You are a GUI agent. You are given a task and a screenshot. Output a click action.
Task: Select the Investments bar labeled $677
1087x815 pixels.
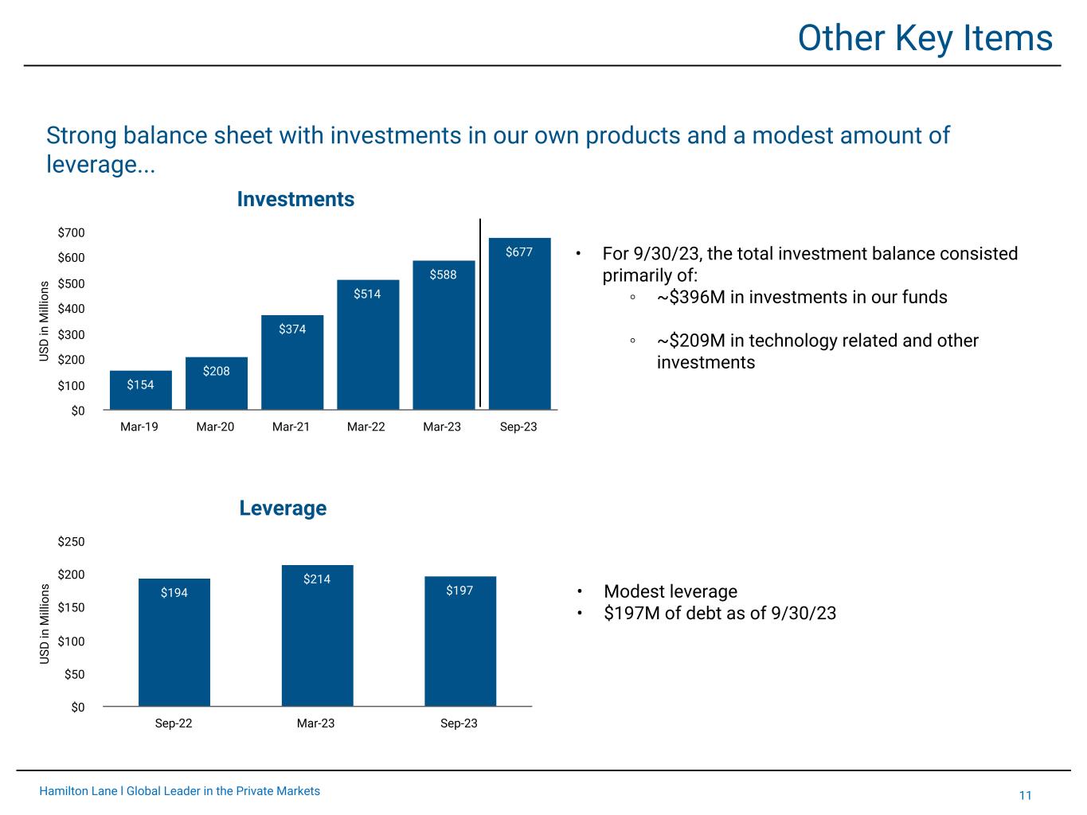point(519,326)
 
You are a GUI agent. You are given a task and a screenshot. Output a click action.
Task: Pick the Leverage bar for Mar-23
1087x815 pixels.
point(317,637)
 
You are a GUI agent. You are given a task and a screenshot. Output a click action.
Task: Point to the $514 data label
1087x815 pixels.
point(367,294)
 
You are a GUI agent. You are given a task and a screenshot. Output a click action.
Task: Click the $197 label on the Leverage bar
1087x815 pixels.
point(459,591)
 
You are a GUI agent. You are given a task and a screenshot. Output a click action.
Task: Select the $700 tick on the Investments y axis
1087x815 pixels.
point(71,232)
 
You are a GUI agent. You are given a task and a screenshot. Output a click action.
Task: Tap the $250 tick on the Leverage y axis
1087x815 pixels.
point(71,542)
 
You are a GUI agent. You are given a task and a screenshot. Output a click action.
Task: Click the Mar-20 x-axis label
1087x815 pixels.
point(215,427)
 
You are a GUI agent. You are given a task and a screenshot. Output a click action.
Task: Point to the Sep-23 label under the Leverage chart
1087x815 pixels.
point(459,723)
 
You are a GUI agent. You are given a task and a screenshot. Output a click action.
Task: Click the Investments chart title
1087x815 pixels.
point(295,199)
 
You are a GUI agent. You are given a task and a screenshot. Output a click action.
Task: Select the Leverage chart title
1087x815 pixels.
point(283,508)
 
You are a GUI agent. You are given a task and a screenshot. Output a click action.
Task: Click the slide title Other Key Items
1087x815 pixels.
point(925,37)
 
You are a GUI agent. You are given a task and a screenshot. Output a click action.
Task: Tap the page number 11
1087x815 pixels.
point(1025,795)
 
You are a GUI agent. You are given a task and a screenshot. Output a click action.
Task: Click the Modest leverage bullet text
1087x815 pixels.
point(670,591)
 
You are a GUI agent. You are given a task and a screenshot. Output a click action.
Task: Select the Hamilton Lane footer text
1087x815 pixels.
point(180,791)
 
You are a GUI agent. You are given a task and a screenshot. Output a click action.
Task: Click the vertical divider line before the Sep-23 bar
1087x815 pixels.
point(480,312)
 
